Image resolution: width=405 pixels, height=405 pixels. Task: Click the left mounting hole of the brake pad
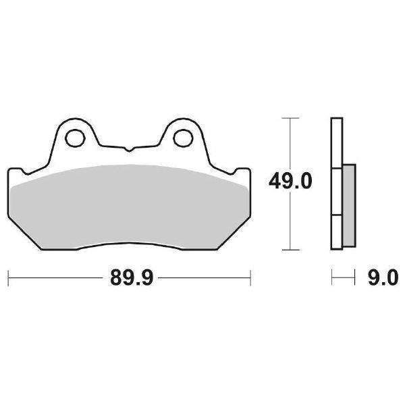[75, 137]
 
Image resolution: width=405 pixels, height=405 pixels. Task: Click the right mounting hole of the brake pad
[182, 137]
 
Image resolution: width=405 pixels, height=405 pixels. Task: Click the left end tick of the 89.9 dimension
[8, 277]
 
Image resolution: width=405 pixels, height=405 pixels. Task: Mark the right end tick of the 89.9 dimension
[251, 277]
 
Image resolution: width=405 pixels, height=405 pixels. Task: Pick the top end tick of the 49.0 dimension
[290, 118]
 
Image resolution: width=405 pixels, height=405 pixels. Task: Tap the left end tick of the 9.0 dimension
[332, 277]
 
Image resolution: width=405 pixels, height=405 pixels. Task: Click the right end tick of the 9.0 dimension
[355, 277]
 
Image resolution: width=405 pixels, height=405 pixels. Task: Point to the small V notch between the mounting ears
[128, 146]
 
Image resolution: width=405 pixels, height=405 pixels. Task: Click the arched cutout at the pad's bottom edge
[128, 244]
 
